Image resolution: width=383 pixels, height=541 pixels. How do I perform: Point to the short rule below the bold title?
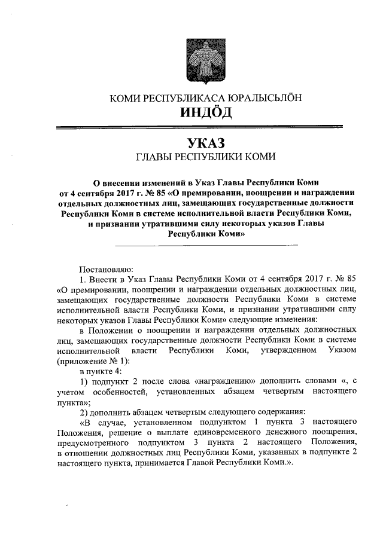pos(206,245)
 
